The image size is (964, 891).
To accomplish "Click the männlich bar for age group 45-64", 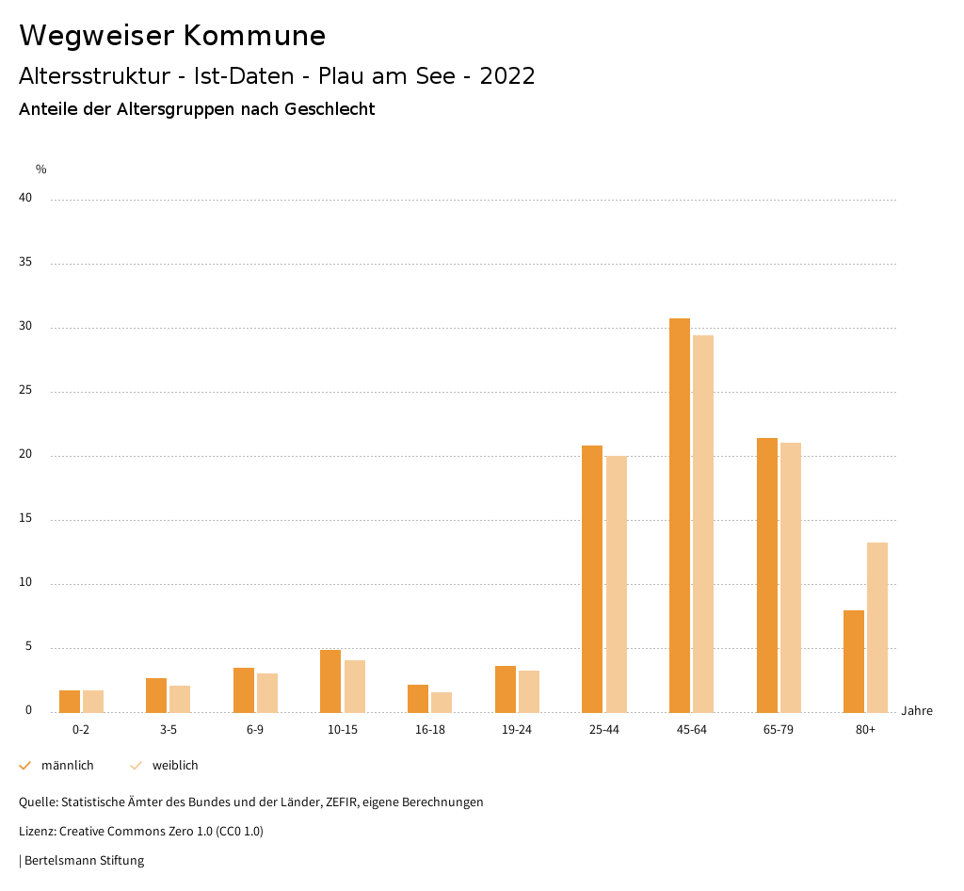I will click(680, 515).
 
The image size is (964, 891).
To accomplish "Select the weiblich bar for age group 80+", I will click(877, 627).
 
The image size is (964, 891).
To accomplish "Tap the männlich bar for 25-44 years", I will click(592, 578).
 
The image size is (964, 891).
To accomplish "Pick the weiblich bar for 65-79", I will click(791, 577).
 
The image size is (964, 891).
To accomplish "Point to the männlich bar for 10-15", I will click(330, 681).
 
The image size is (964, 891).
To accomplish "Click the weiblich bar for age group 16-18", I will click(442, 703).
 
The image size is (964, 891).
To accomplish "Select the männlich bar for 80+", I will click(854, 661).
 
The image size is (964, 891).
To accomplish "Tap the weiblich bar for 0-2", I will click(93, 702).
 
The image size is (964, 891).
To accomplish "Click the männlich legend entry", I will click(57, 766).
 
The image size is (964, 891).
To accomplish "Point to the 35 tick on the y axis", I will click(25, 262).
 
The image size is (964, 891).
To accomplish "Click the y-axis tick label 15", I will click(25, 518).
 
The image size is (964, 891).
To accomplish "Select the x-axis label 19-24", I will click(517, 730).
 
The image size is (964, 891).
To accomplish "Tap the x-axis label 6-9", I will click(255, 730).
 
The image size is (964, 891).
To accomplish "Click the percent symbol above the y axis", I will click(41, 170).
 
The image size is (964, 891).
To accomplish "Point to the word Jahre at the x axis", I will click(916, 711).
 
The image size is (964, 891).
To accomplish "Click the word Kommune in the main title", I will click(254, 36).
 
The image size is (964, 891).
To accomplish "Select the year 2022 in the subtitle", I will click(506, 76).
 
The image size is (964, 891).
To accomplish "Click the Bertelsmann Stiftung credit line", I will click(83, 860).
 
